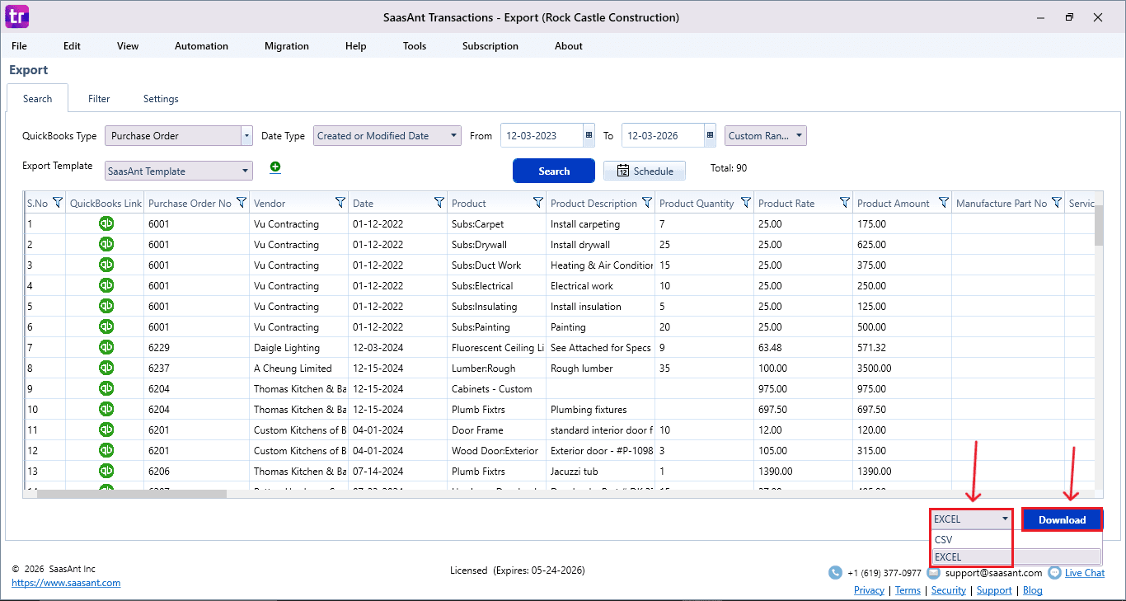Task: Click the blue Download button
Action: pyautogui.click(x=1062, y=519)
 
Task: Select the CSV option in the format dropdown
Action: pyautogui.click(x=943, y=540)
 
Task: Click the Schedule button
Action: pyautogui.click(x=645, y=171)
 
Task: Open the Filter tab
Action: pyautogui.click(x=99, y=99)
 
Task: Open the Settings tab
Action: pyautogui.click(x=161, y=99)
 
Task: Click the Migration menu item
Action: pyautogui.click(x=287, y=46)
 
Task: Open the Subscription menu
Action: pyautogui.click(x=490, y=46)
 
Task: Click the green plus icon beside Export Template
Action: pyautogui.click(x=275, y=167)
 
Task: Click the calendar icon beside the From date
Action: pyautogui.click(x=589, y=136)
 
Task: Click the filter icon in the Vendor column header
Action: pyautogui.click(x=340, y=203)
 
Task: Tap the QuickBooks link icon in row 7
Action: pyautogui.click(x=106, y=347)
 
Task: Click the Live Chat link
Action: pyautogui.click(x=1084, y=573)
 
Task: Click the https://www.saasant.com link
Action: pyautogui.click(x=66, y=583)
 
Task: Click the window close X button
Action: pyautogui.click(x=1097, y=17)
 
